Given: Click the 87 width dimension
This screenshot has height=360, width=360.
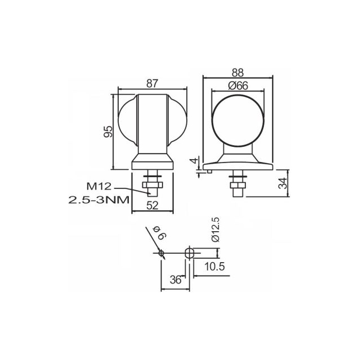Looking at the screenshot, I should pos(152,83).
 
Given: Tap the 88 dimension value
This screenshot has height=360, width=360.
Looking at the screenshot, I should pos(238,73).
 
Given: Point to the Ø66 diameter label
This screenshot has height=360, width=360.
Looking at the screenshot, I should pos(238,85).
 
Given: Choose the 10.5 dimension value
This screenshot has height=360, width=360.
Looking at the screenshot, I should pos(214,267).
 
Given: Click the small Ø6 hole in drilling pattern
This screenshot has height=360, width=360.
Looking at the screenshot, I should pos(161,253).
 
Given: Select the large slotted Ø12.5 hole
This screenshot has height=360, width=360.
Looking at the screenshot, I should pos(190,253).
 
